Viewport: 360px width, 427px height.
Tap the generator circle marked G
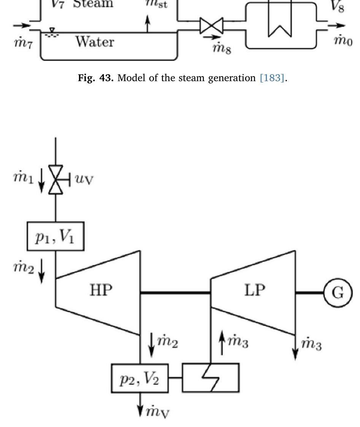[338, 293]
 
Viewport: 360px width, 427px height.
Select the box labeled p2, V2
[140, 378]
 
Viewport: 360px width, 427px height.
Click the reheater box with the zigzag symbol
[210, 377]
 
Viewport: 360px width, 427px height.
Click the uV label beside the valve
[84, 178]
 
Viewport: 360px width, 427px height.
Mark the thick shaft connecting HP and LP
[175, 293]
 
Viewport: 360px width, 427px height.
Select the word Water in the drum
[94, 42]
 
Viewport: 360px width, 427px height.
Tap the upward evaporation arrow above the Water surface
[148, 25]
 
